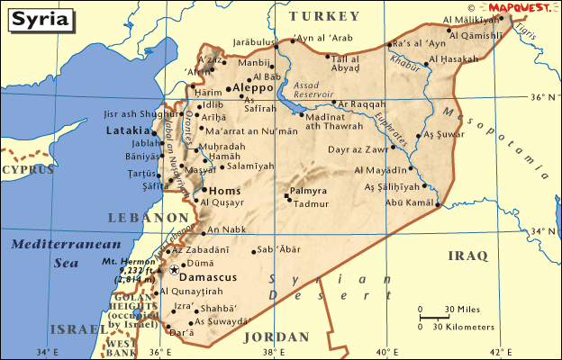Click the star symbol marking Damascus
click(174, 269)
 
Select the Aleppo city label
click(252, 88)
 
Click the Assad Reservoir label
click(313, 88)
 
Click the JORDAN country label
click(277, 337)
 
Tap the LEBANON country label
click(148, 217)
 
